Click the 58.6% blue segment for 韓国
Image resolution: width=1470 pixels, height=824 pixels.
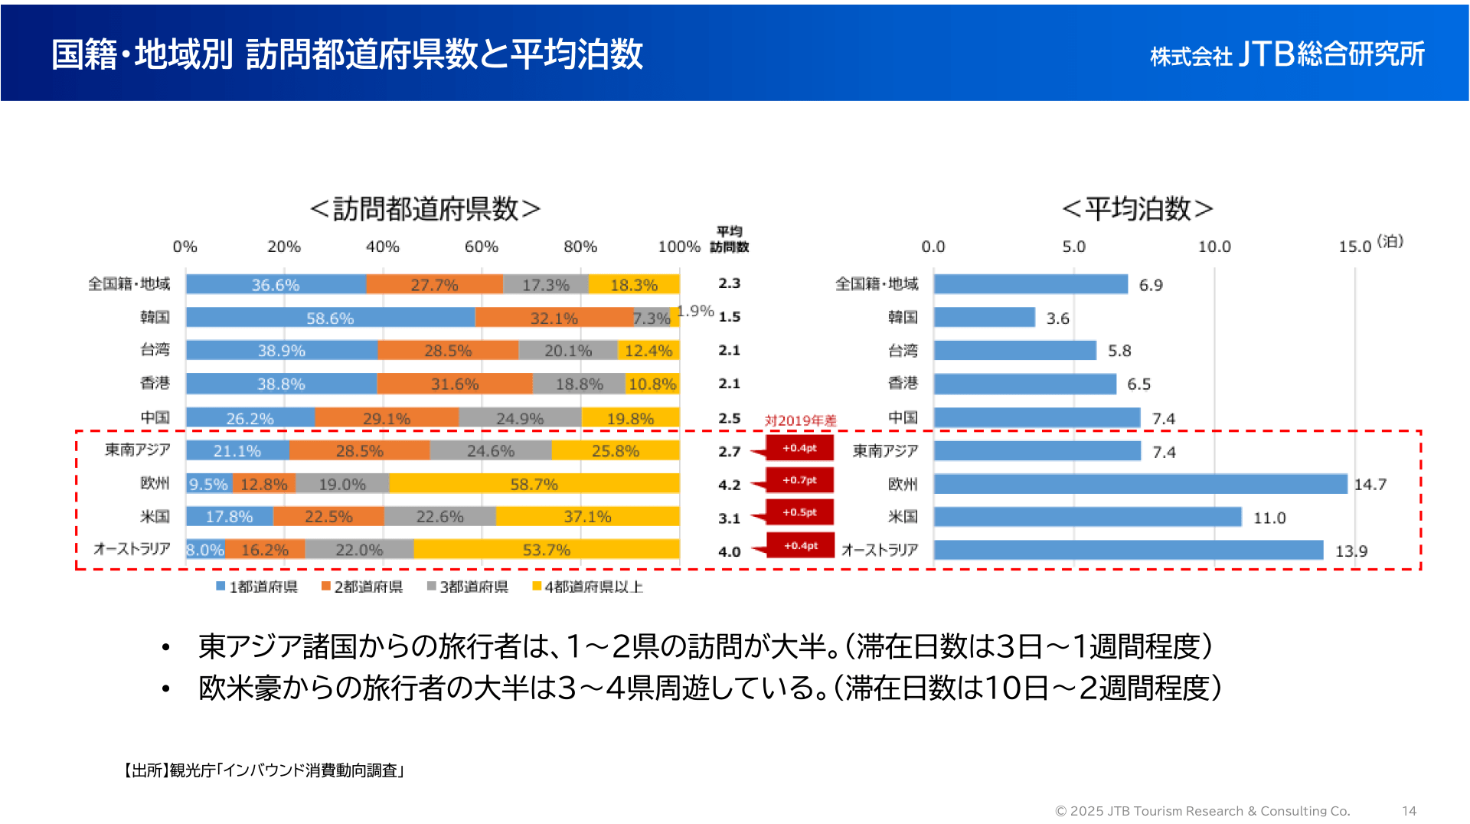330,318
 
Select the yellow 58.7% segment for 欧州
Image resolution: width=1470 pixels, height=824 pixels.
534,484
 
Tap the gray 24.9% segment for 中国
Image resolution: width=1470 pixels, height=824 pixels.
520,418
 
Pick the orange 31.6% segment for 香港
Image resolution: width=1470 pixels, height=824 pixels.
455,384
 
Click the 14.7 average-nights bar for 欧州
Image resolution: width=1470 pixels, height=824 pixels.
1140,484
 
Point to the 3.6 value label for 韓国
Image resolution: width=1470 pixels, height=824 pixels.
1057,319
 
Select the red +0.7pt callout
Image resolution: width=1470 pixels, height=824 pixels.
799,480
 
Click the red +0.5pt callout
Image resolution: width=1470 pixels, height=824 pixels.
799,512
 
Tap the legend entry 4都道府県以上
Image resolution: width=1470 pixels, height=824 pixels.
588,587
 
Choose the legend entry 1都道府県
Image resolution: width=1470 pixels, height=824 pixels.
257,587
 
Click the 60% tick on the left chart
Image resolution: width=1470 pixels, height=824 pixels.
482,247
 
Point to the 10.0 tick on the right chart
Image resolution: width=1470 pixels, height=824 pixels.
1214,247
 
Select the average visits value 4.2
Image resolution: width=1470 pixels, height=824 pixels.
729,485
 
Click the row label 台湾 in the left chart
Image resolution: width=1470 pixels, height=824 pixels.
155,350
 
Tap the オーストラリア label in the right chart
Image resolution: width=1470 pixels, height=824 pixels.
879,550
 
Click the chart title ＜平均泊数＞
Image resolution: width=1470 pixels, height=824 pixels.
1138,208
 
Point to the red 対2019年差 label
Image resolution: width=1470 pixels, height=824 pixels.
800,420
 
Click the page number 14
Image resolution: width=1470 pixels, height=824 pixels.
1409,811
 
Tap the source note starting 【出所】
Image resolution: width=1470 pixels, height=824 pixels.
263,770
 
